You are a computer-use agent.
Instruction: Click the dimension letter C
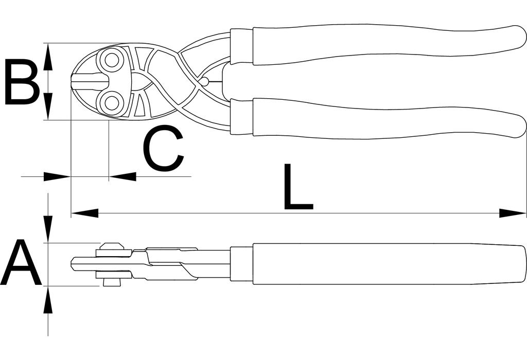pos(163,148)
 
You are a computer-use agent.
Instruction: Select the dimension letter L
pos(298,186)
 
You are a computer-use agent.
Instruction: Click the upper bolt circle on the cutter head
pos(112,61)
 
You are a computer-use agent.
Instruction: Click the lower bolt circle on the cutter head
pos(112,102)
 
